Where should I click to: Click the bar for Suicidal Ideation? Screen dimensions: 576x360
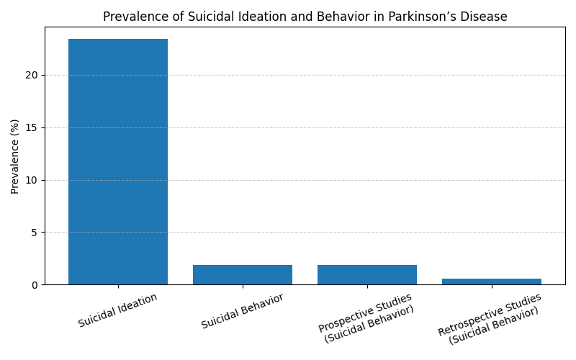[x=118, y=161]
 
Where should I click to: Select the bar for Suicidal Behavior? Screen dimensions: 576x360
[x=243, y=275]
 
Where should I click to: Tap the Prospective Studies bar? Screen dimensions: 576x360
[x=367, y=275]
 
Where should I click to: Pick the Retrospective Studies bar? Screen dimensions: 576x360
[x=492, y=282]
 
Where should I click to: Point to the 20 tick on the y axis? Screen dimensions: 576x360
[x=32, y=76]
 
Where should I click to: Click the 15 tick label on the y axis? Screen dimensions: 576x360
[x=32, y=128]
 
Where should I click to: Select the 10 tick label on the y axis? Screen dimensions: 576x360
[x=32, y=181]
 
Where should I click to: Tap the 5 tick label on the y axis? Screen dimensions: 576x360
[x=35, y=233]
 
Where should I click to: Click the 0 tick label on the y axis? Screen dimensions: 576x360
[x=35, y=285]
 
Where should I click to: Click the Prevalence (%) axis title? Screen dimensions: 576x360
[x=14, y=156]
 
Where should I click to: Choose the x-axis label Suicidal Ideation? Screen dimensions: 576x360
[x=117, y=310]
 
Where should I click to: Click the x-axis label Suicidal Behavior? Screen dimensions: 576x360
[x=243, y=311]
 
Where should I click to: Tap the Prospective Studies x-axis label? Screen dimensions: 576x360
[x=366, y=318]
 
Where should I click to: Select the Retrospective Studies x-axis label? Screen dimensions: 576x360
[x=490, y=319]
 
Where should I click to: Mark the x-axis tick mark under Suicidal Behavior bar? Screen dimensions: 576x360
[x=243, y=287]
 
